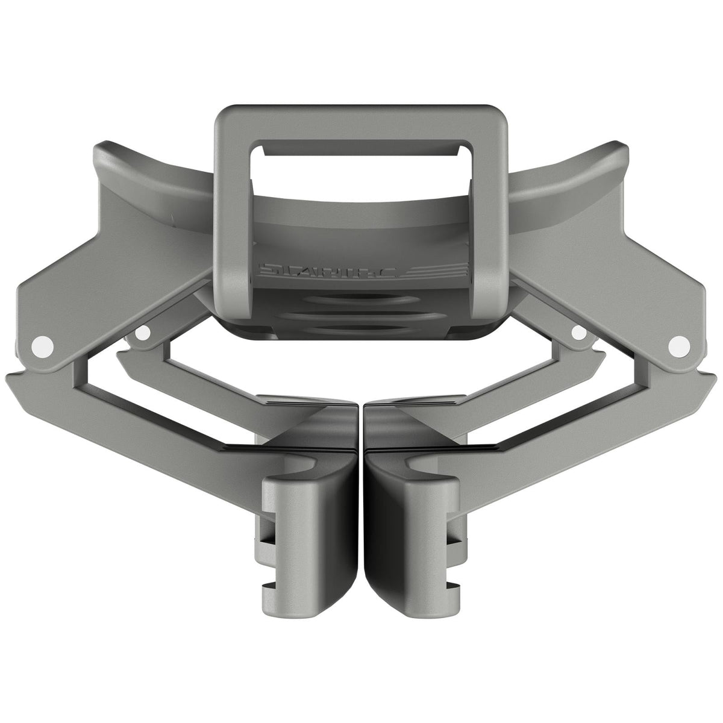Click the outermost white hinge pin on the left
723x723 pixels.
tap(42, 345)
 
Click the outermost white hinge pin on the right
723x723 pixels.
tap(678, 345)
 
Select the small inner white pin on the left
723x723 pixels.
tap(143, 332)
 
